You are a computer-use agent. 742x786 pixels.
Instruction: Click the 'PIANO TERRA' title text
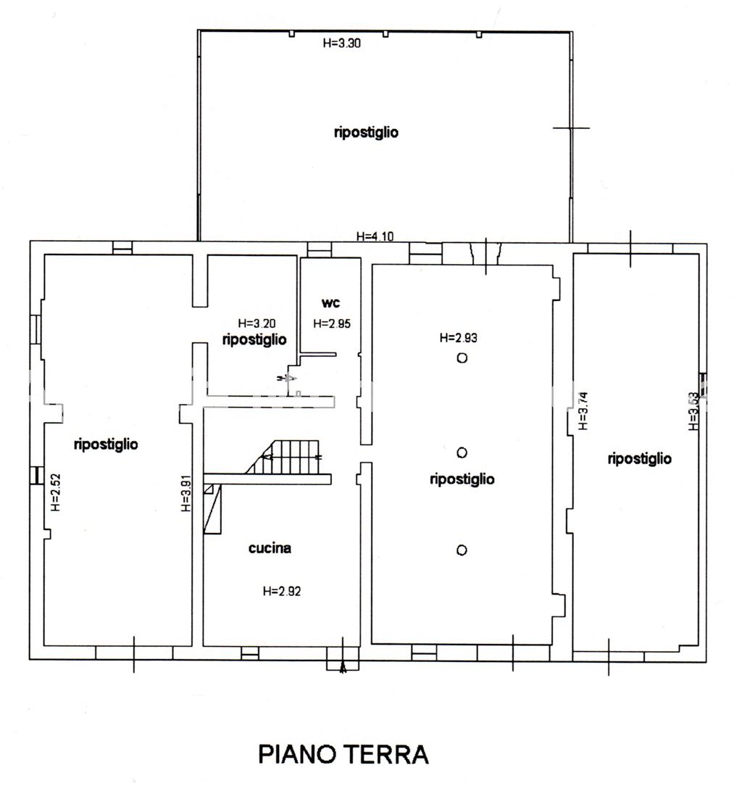coord(343,754)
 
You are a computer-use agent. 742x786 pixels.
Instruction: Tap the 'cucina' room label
coord(270,548)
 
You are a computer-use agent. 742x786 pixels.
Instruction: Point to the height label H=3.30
coord(341,43)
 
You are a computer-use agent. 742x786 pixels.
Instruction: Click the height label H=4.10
coord(375,236)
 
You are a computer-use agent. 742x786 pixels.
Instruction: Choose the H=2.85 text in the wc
coord(332,324)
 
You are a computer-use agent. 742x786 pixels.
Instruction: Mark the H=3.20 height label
coord(257,323)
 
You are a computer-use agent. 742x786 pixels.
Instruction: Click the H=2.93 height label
coord(459,337)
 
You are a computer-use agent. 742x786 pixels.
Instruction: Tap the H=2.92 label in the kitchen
coord(282,591)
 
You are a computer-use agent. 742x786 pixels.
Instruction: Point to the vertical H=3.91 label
coord(185,494)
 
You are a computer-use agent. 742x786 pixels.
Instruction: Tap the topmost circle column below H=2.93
coord(462,357)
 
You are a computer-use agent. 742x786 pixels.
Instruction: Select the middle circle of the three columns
coord(462,453)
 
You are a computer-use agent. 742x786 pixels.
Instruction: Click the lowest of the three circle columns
coord(462,550)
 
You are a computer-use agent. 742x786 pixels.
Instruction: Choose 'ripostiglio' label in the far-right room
coord(640,458)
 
